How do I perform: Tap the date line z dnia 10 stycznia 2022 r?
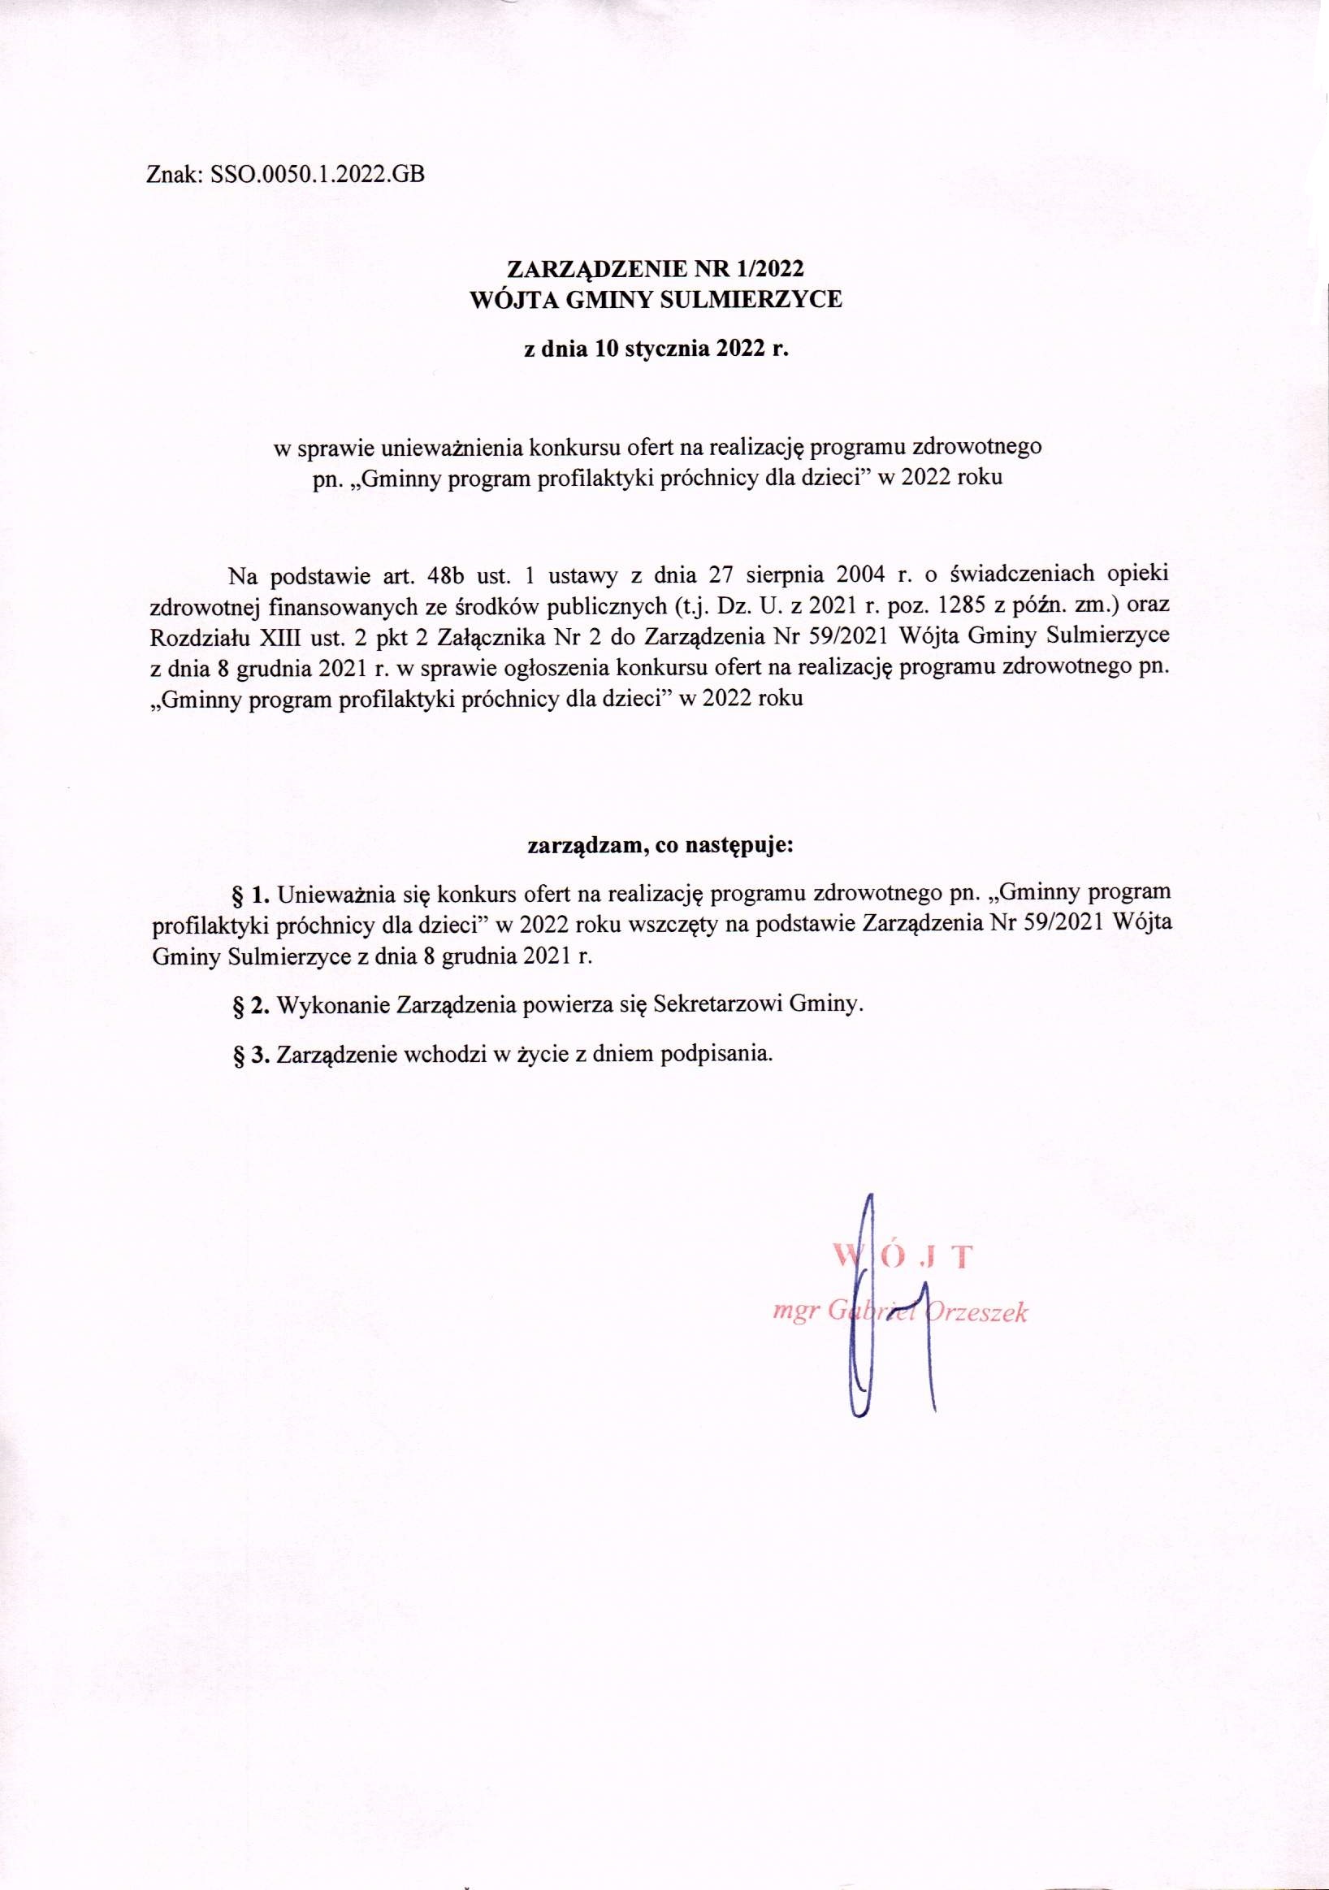(x=656, y=349)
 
